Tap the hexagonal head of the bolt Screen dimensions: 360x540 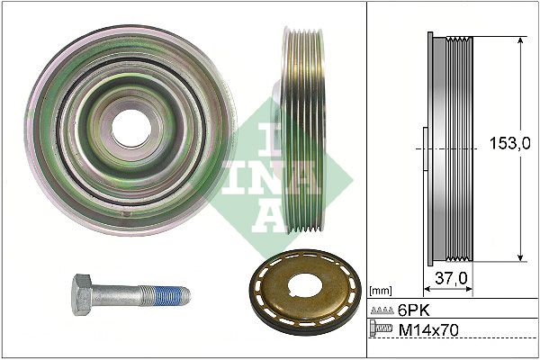point(83,294)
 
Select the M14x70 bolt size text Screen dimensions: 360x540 point(427,331)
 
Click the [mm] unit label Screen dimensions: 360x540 point(382,291)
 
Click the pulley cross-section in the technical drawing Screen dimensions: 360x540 point(449,148)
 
